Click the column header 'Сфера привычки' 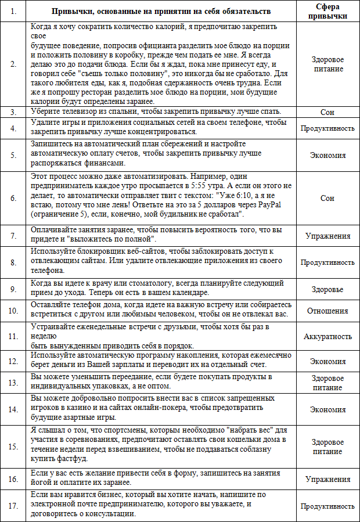327,12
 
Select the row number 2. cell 13,64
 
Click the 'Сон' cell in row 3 327,111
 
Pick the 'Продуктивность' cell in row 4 327,128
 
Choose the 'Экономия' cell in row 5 327,156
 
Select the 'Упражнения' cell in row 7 327,236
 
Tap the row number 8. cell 13,262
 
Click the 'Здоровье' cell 327,289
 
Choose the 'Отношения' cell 327,310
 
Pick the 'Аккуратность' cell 327,336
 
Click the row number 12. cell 13,361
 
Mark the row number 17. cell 13,506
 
